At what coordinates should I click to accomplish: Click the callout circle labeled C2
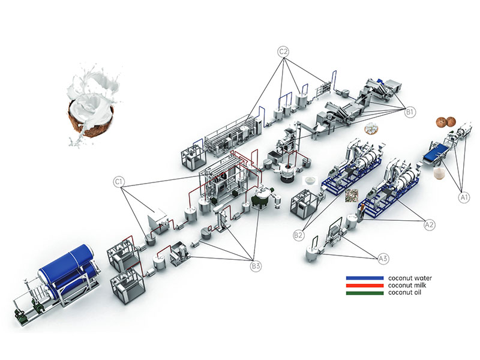tap(283, 52)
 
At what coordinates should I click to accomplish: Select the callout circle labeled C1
tap(119, 182)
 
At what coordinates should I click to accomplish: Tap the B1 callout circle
tap(410, 112)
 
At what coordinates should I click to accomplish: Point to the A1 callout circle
tap(464, 197)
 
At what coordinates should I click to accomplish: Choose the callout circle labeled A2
tap(429, 224)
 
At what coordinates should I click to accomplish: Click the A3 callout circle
tap(383, 259)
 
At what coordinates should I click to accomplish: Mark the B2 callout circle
tap(298, 235)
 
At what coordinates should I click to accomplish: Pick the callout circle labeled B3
tap(256, 266)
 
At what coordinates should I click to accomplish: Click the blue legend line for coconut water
tap(365, 278)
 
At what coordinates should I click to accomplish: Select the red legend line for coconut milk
tap(365, 286)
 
